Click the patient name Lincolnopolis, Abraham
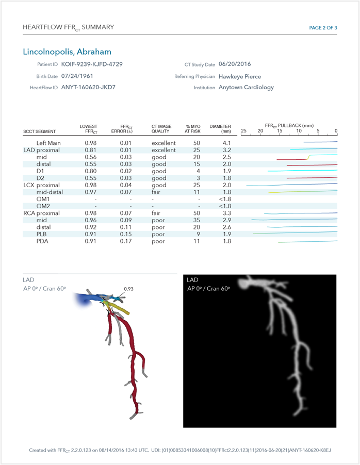coord(67,52)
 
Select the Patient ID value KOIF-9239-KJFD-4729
coord(92,64)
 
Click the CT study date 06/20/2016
coord(235,64)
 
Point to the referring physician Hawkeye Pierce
coord(240,76)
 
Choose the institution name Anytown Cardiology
coord(246,88)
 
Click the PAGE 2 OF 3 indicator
coord(323,27)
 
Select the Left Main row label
coord(48,143)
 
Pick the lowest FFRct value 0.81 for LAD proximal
coord(91,150)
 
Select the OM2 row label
coord(43,206)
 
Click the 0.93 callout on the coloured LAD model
coord(129,289)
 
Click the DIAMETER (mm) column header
coord(220,129)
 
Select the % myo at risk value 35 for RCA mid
coord(196,220)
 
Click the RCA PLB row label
coord(42,234)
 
